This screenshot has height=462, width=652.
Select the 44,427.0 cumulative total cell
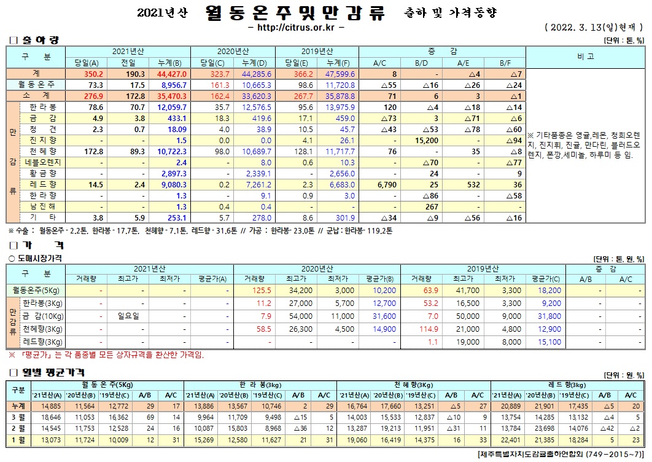pos(168,74)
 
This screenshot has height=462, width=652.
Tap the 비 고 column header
pos(585,57)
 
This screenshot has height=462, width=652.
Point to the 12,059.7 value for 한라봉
pos(168,107)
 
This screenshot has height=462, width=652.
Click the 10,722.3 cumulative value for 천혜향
pos(168,151)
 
